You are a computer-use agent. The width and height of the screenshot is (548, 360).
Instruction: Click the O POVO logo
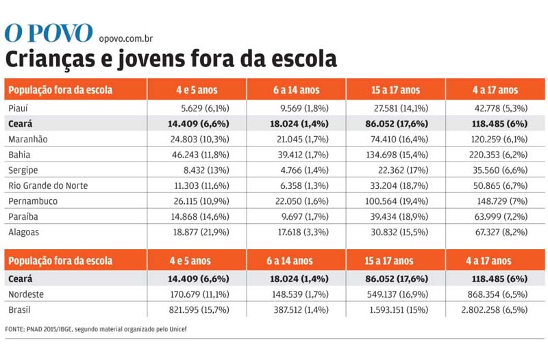[49, 33]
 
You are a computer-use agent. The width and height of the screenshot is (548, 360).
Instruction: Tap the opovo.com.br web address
[126, 38]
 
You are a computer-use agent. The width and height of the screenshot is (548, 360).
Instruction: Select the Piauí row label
[18, 108]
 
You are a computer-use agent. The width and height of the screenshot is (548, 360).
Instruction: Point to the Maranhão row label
[28, 140]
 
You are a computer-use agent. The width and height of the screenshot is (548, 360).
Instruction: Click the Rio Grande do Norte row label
[48, 185]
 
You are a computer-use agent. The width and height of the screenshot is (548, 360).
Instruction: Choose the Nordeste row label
[26, 294]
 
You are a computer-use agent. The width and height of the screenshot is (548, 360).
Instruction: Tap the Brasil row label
[20, 310]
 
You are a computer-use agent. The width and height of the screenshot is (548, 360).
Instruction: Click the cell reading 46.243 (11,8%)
[201, 155]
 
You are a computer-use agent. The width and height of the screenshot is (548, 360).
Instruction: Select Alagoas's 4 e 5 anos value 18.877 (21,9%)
[201, 232]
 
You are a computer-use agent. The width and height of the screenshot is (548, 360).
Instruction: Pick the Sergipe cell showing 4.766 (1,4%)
[305, 170]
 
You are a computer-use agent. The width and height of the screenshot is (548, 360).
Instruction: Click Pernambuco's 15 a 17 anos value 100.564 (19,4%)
[397, 201]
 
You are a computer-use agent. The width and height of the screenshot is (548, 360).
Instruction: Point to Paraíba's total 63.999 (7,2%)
[501, 217]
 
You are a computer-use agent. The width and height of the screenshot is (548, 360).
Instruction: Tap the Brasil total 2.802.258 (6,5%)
[495, 310]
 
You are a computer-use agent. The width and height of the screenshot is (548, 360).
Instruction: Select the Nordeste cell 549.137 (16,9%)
[398, 294]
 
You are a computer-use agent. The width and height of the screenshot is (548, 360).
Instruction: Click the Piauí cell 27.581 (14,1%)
[401, 108]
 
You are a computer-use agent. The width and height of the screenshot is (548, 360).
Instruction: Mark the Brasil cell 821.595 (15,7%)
[199, 310]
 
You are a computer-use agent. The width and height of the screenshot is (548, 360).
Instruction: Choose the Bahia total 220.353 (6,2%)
[499, 155]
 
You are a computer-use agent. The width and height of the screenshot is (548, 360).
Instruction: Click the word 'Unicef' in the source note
[178, 329]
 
